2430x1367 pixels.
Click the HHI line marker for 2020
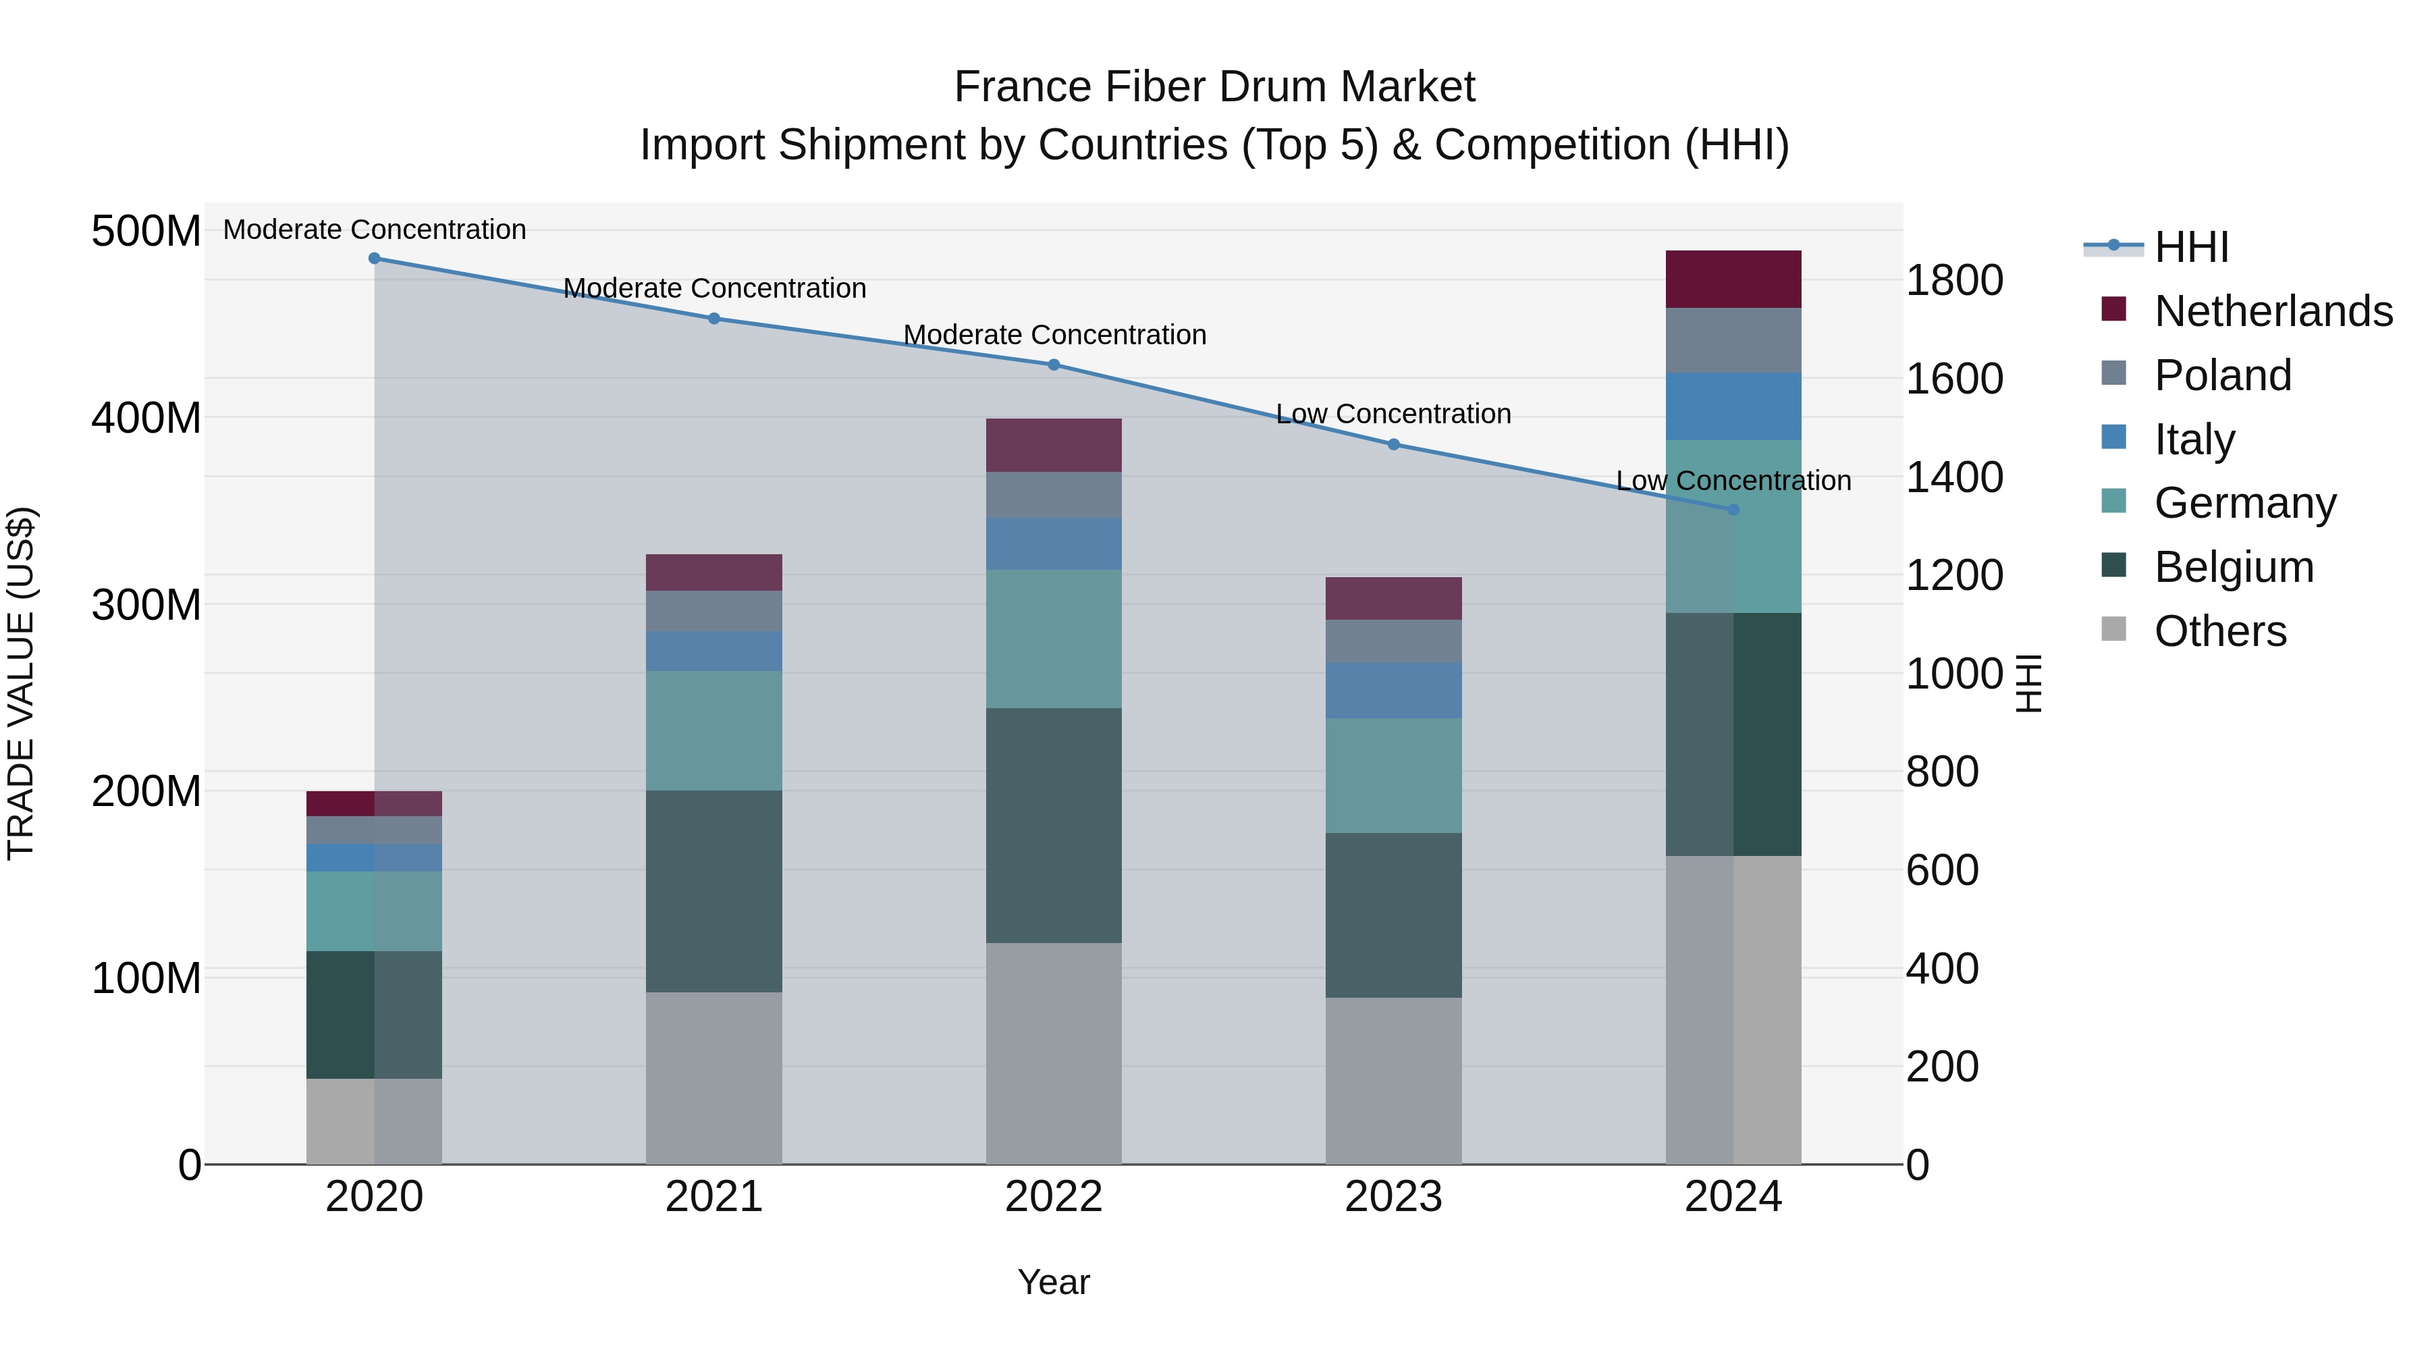coord(375,259)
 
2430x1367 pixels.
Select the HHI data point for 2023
coord(1393,444)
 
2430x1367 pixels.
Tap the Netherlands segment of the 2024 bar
coord(1733,279)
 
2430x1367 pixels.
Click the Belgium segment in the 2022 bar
coord(1054,826)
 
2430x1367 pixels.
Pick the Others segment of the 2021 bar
coord(714,1077)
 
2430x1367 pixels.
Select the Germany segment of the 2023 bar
coord(1393,776)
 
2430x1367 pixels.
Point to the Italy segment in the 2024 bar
coord(1733,406)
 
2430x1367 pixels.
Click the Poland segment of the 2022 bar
coord(1054,494)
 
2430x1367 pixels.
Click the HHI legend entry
coord(2190,247)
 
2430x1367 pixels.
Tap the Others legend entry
coord(2219,631)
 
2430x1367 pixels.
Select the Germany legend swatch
coord(2114,502)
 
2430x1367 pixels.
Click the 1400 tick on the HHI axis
coord(1953,477)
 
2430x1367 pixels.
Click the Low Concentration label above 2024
coord(1733,481)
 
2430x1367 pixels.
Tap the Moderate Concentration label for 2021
coord(714,289)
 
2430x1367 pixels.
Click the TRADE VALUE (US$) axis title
coord(21,683)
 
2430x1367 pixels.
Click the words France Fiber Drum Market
coord(1214,87)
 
